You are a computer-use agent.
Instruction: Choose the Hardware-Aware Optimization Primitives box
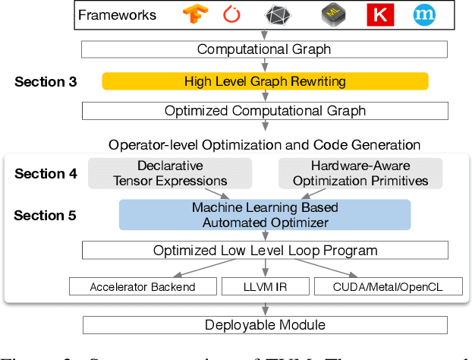[360, 173]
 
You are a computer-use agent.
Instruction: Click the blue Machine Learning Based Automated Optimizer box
[265, 214]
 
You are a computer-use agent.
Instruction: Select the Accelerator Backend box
[143, 286]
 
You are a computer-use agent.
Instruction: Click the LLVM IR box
[264, 286]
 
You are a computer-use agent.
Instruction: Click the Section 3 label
[46, 81]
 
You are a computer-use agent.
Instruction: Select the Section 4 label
[46, 174]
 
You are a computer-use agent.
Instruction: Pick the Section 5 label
[46, 215]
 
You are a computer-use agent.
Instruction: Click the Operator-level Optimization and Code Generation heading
[264, 144]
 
